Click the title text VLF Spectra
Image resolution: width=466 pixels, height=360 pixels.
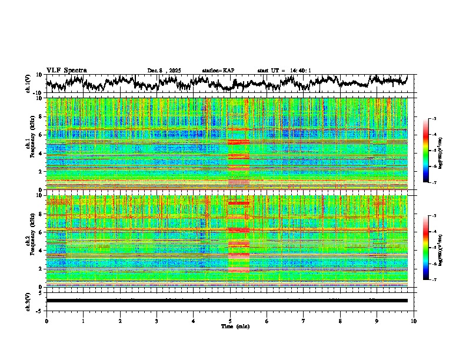point(66,70)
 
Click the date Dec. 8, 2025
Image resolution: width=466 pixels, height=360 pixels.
point(164,71)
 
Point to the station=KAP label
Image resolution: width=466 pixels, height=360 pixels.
point(218,71)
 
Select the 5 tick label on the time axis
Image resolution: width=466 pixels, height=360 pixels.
point(230,321)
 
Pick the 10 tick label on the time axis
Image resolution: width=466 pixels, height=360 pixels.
point(414,321)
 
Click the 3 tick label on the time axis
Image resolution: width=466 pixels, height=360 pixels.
point(157,321)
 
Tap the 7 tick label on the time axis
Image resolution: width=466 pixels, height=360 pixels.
point(304,321)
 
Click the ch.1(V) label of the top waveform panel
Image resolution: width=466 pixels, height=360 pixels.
point(28,84)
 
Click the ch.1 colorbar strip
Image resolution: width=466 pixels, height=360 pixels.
point(432,151)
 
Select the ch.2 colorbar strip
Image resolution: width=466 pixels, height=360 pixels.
point(432,248)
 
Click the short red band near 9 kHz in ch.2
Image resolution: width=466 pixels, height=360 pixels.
point(239,203)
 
